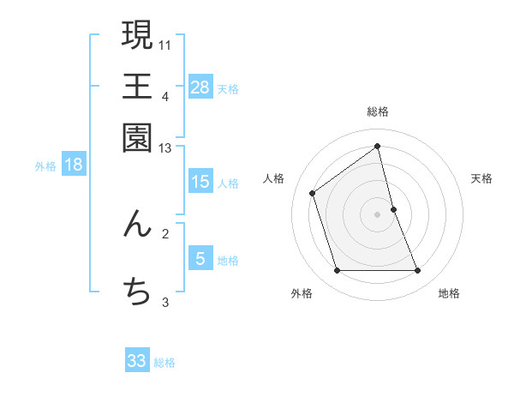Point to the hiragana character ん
pos(138,225)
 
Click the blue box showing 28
pos(200,87)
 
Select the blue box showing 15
pos(200,182)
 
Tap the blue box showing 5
pos(200,259)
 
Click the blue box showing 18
pos(74,165)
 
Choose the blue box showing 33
pos(137,361)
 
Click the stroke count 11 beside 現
pos(166,43)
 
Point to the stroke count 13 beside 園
pos(165,148)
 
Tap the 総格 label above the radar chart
pos(378,111)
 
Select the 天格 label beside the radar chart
pos(481,178)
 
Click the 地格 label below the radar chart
pos(449,293)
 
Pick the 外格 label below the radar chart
pos(302,293)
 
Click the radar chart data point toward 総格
pos(378,147)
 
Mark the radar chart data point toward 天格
pos(393,209)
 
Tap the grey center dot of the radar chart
pos(378,214)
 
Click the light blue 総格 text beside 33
pos(164,363)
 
